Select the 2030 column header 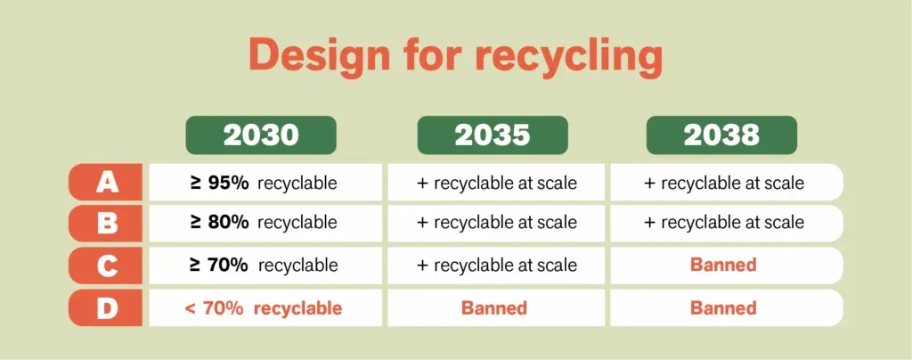(260, 135)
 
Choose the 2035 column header (493, 135)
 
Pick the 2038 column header (721, 135)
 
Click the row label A (107, 183)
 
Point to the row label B (107, 223)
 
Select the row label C (107, 265)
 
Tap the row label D (107, 308)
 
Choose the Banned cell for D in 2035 (493, 308)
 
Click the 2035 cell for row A (496, 183)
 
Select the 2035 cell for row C (496, 265)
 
